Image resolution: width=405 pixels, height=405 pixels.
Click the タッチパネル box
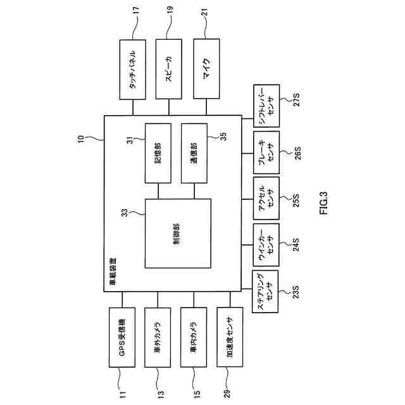[133, 69]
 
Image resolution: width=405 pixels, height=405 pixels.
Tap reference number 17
[133, 11]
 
